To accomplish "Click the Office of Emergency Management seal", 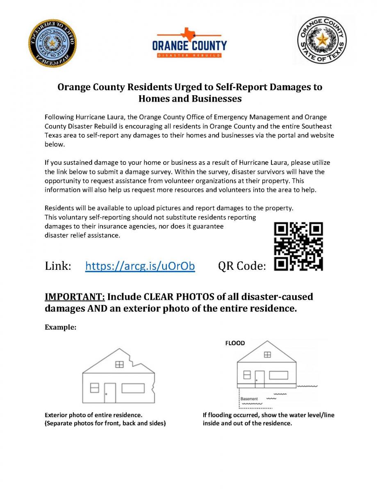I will pyautogui.click(x=52, y=43).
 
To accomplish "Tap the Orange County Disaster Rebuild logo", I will pyautogui.click(x=189, y=43).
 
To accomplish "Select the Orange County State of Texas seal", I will pyautogui.click(x=322, y=40).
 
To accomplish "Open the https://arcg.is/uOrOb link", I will pyautogui.click(x=140, y=266).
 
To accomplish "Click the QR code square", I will pyautogui.click(x=298, y=246).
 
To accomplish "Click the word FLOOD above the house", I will pyautogui.click(x=235, y=343).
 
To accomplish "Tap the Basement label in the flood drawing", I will pyautogui.click(x=249, y=399).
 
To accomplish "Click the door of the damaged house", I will pyautogui.click(x=110, y=392).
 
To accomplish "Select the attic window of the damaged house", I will pyautogui.click(x=119, y=364).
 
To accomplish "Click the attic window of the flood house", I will pyautogui.click(x=267, y=355).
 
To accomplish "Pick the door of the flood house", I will pyautogui.click(x=259, y=379).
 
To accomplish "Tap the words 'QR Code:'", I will pyautogui.click(x=242, y=266).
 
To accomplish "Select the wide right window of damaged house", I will pyautogui.click(x=133, y=388).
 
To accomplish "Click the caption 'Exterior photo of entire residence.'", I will pyautogui.click(x=93, y=415).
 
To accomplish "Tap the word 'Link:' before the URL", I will pyautogui.click(x=58, y=266).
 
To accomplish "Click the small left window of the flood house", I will pyautogui.click(x=247, y=375).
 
